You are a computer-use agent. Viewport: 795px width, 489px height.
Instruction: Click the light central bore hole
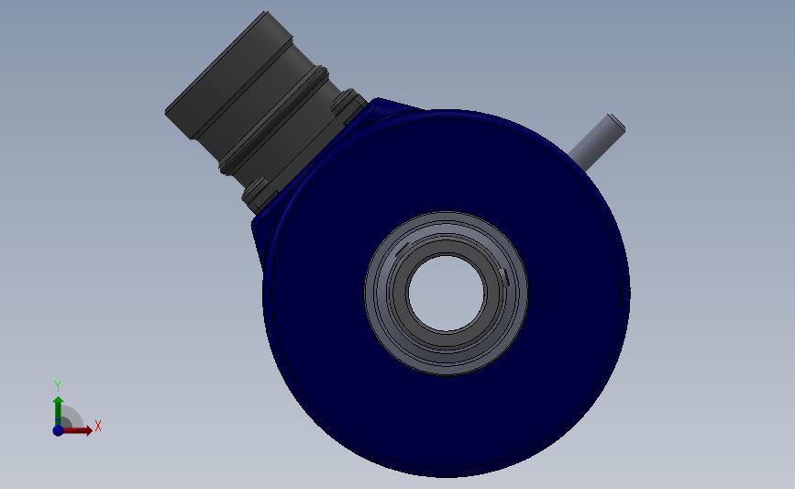pos(447,294)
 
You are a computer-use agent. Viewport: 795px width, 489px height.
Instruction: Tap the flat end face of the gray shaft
pos(616,122)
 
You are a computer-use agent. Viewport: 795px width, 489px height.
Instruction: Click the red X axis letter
pos(98,426)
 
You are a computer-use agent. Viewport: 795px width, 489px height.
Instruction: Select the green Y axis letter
pos(57,386)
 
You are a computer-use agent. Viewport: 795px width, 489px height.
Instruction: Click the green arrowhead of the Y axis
pos(59,401)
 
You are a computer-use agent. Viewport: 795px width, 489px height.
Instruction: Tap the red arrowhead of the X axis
pos(89,430)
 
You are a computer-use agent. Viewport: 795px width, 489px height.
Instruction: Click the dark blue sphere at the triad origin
pos(58,430)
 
